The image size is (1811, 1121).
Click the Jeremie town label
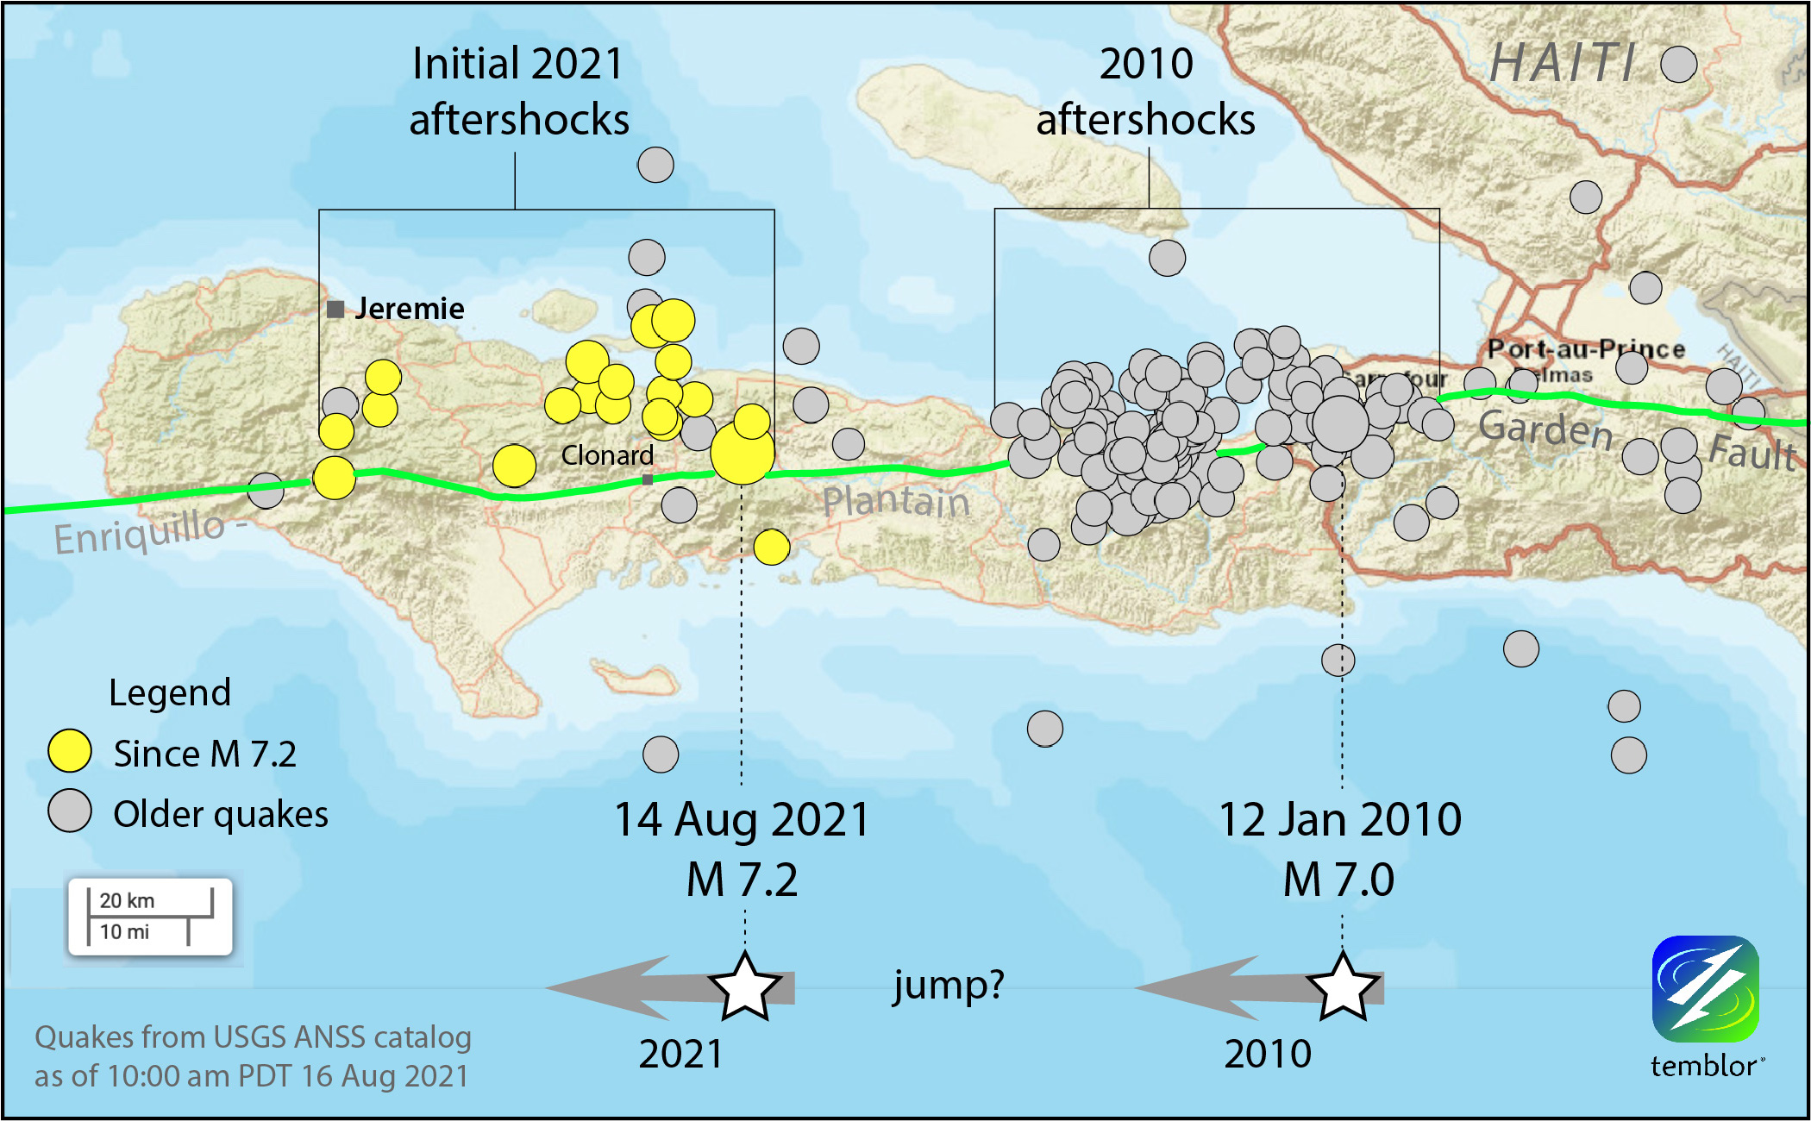(409, 309)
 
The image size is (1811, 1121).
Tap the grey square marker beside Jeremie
(336, 309)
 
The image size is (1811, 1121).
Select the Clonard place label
(607, 455)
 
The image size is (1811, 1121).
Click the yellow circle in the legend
(70, 751)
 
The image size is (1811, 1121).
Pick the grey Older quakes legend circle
(70, 811)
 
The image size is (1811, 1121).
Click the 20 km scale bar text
(127, 900)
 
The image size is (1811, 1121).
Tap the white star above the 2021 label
(744, 987)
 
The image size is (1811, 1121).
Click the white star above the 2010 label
(1342, 986)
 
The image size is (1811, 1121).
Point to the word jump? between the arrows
(949, 984)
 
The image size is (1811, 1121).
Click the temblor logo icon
(1705, 989)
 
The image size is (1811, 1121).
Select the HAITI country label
(1563, 64)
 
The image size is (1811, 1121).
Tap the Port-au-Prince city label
(1585, 349)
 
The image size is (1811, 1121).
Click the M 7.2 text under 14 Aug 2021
(742, 880)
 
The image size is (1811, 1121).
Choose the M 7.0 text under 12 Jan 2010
(1338, 880)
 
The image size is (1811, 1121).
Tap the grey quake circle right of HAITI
(1678, 64)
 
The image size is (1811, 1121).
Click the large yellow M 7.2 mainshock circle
(743, 453)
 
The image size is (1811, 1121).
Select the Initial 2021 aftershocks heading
(518, 91)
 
